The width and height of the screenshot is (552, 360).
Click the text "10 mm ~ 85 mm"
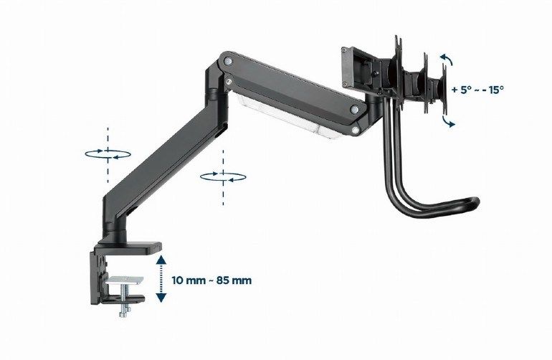(x=213, y=280)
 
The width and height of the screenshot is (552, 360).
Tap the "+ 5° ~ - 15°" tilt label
(x=478, y=90)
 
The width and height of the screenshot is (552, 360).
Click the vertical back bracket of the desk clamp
(x=97, y=280)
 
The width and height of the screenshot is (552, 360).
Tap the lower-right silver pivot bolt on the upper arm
(x=355, y=109)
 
